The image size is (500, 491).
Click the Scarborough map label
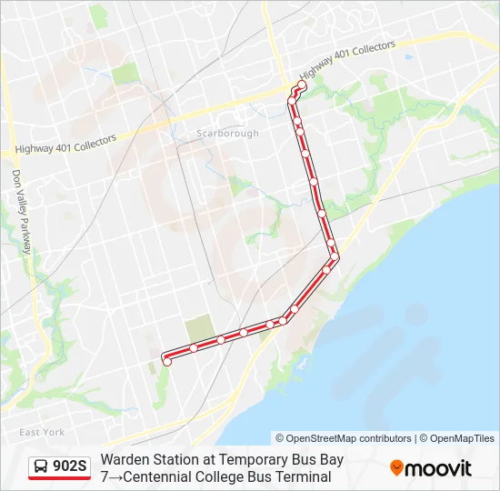pos(227,133)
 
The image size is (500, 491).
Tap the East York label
pos(42,432)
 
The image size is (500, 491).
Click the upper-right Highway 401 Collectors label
pos(346,59)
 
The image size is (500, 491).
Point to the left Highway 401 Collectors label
pos(66,145)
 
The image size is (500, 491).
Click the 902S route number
pos(70,466)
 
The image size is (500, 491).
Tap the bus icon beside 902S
pos(41,467)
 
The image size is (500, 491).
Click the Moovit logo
pos(431,468)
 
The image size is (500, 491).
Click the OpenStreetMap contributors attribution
pos(344,438)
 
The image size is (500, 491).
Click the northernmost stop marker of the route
pos(302,85)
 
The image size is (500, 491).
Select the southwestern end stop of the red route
pos(166,362)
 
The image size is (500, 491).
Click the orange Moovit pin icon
pos(396,468)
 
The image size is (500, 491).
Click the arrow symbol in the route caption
pos(116,476)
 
